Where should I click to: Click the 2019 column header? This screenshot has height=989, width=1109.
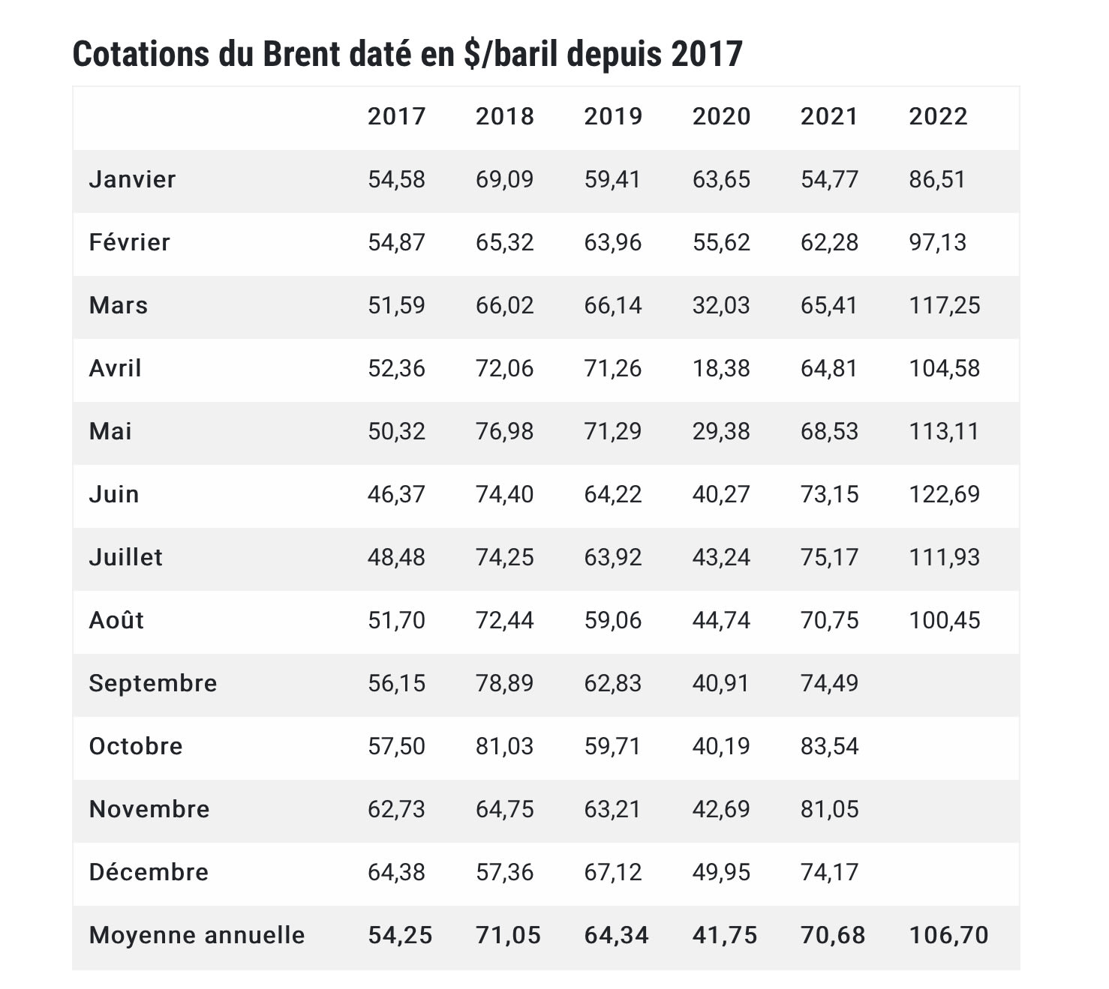tap(613, 116)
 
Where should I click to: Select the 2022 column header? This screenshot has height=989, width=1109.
tap(938, 116)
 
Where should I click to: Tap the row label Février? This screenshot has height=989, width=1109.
tap(130, 242)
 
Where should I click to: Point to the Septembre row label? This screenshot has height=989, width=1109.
tap(153, 683)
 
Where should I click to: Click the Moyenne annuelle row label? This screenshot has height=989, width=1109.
tap(197, 935)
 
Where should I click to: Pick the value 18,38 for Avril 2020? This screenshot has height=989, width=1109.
tap(721, 368)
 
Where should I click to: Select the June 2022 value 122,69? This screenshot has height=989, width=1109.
tap(944, 494)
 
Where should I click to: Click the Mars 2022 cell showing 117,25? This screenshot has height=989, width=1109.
tap(944, 305)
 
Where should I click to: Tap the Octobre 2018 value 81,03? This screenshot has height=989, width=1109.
tap(504, 746)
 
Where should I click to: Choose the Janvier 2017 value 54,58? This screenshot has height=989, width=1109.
tap(396, 179)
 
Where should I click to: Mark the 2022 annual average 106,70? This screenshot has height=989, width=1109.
tap(948, 935)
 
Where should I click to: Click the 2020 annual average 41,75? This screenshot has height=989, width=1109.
tap(724, 935)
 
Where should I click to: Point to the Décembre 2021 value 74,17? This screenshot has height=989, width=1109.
tap(829, 872)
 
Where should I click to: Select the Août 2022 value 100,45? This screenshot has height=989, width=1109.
tap(944, 620)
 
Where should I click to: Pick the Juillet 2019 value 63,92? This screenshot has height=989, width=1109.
tap(613, 557)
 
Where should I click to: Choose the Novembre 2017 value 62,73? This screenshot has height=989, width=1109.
tap(396, 809)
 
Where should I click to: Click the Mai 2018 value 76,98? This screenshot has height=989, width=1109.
tap(504, 431)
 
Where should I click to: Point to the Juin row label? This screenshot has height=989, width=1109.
tap(114, 494)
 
